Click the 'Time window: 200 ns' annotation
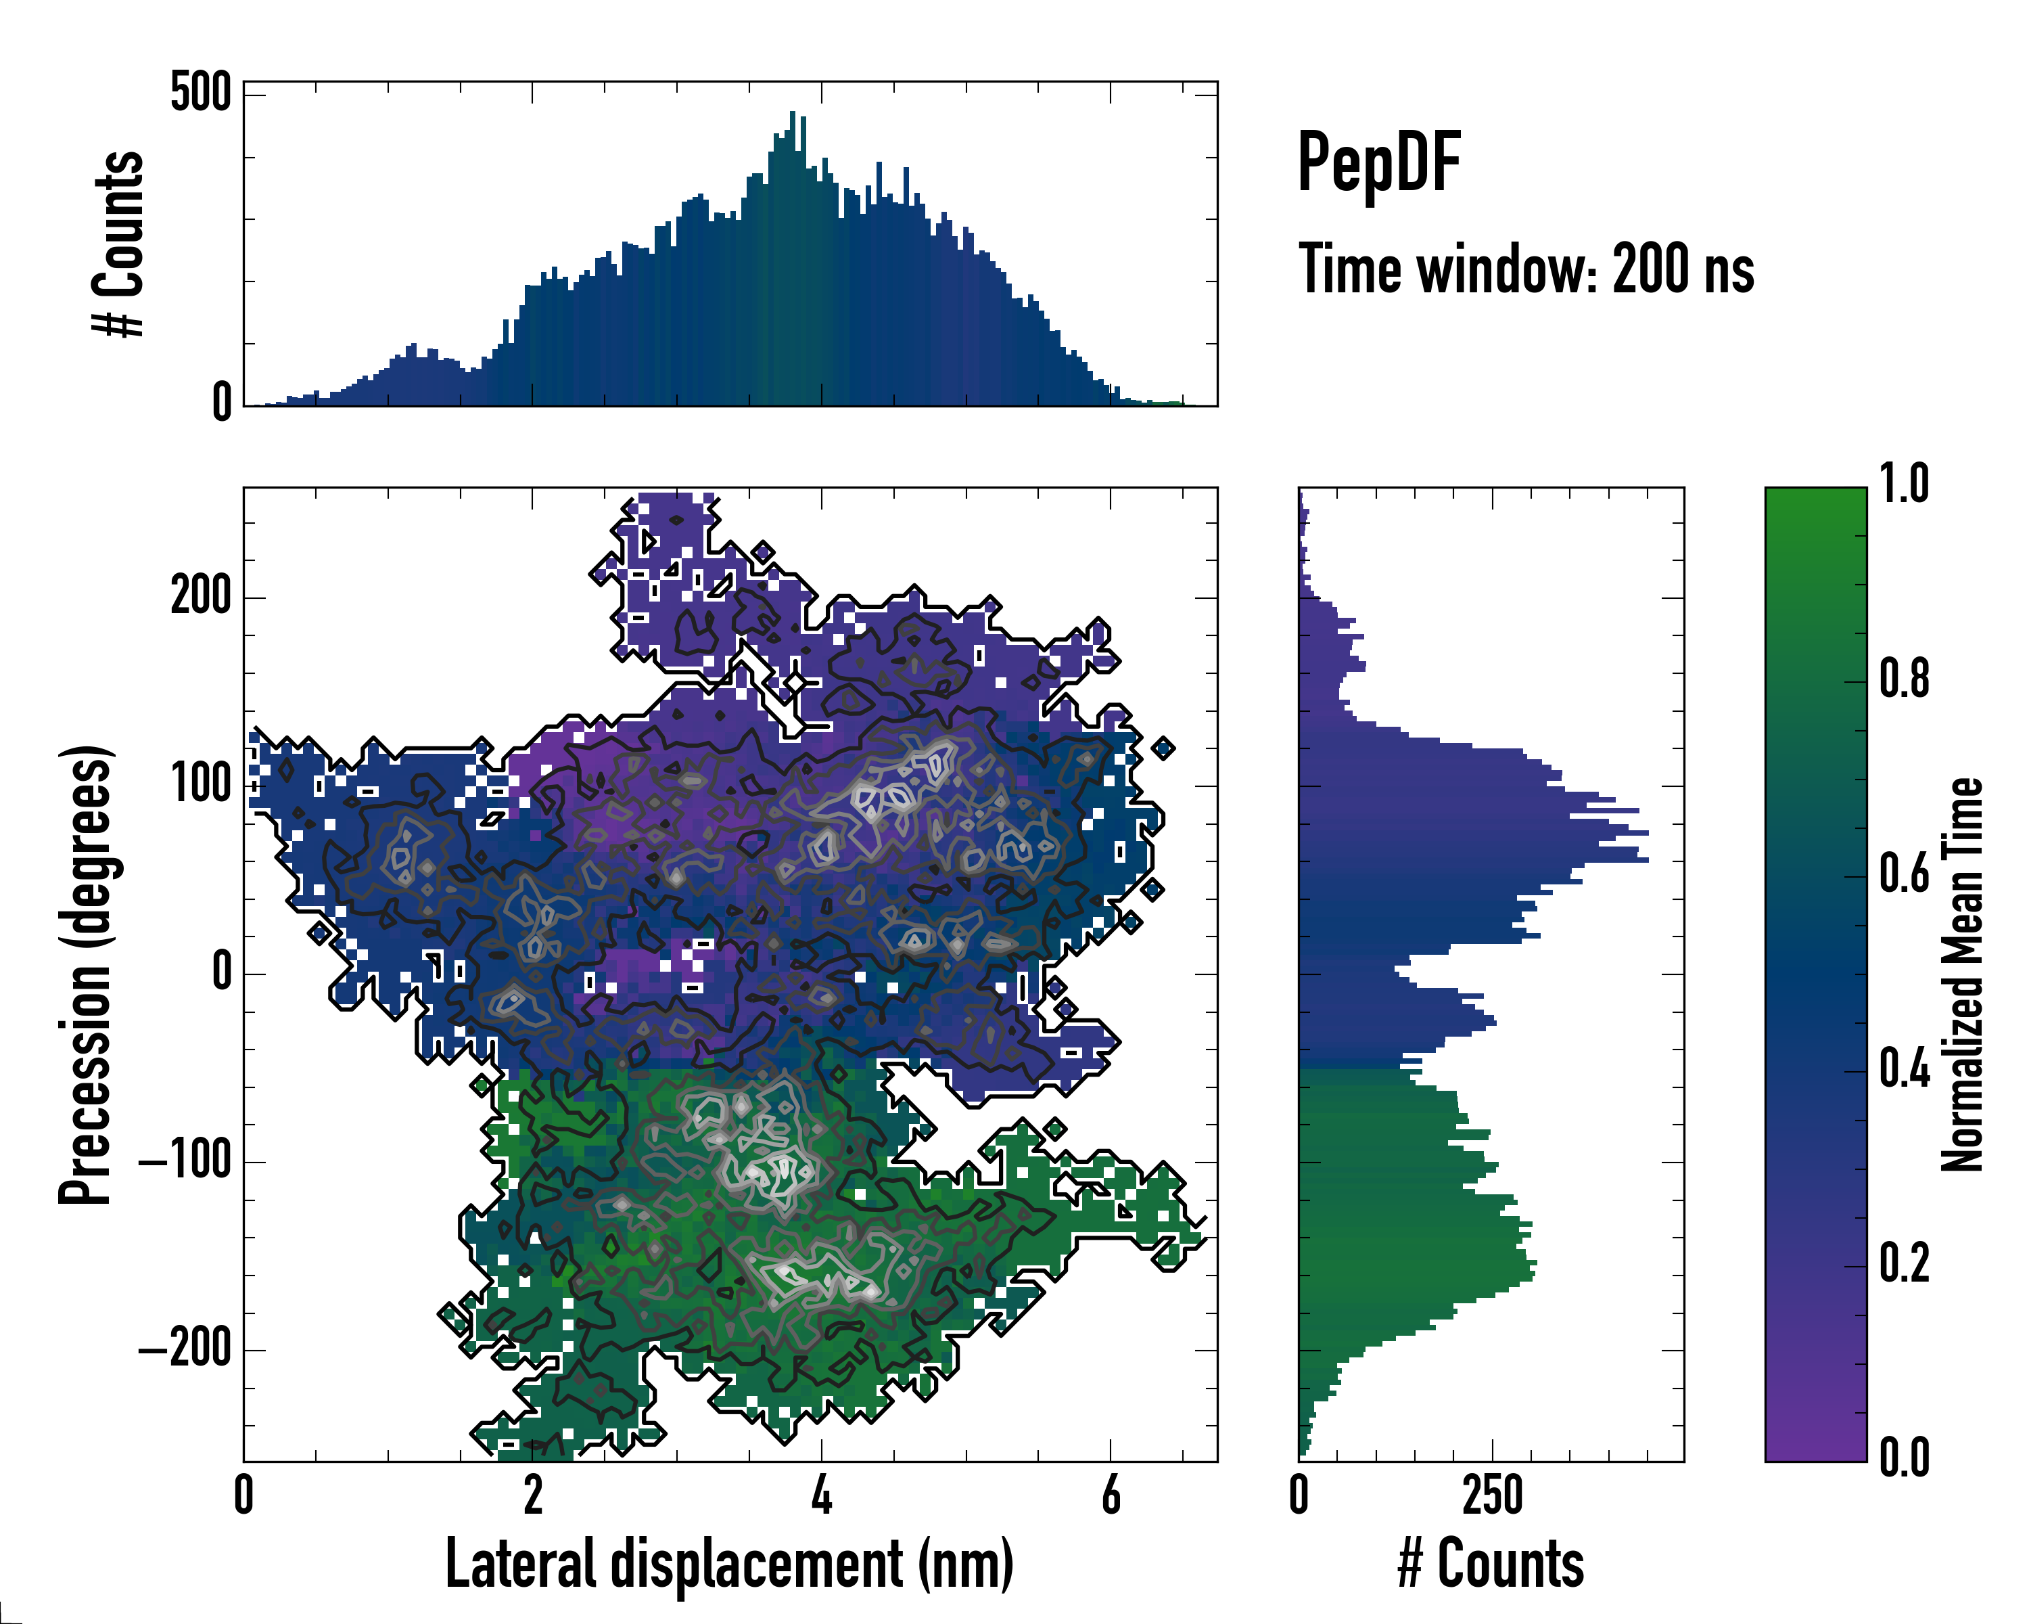point(1526,270)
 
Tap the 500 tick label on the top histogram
point(200,93)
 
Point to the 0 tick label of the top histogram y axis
point(221,402)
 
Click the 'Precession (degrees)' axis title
point(87,974)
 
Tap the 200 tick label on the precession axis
point(200,596)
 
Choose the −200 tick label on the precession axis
point(185,1349)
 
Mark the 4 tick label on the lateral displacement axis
point(822,1495)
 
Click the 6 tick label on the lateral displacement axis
point(1111,1495)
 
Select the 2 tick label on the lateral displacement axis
point(533,1495)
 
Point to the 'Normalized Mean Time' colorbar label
point(1962,974)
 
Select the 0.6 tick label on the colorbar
point(1904,874)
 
